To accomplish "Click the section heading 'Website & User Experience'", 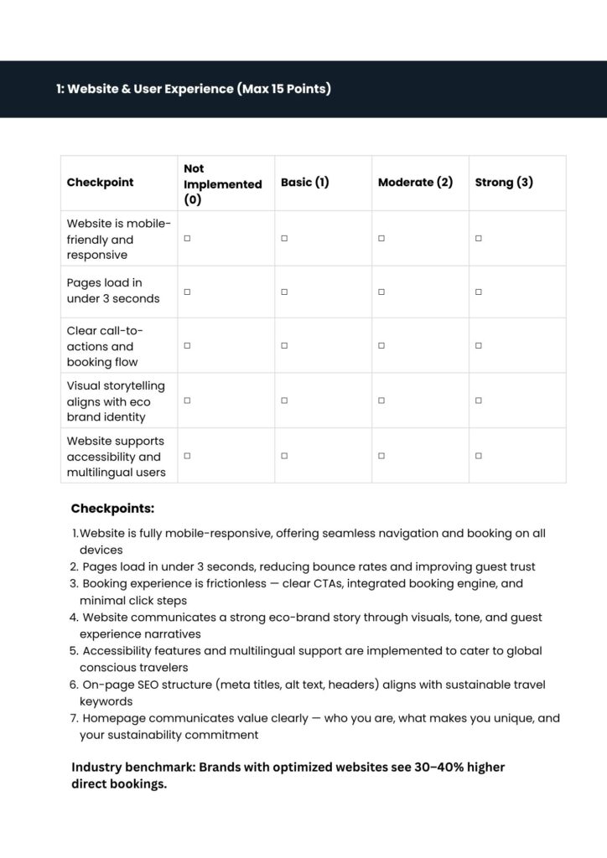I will pyautogui.click(x=194, y=89).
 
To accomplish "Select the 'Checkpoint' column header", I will pyautogui.click(x=100, y=183).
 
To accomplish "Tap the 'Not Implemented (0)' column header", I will pyautogui.click(x=222, y=184).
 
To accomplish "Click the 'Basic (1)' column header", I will pyautogui.click(x=304, y=183).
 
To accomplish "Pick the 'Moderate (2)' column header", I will pyautogui.click(x=415, y=183).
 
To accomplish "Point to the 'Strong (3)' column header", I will pyautogui.click(x=503, y=183).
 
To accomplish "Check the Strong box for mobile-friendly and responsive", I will pyautogui.click(x=479, y=239).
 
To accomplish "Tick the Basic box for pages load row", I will pyautogui.click(x=284, y=292).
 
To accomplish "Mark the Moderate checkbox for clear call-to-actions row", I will pyautogui.click(x=381, y=346).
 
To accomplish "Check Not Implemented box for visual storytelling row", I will pyautogui.click(x=187, y=401).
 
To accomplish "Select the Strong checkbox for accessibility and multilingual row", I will pyautogui.click(x=479, y=456).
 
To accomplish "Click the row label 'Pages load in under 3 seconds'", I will pyautogui.click(x=113, y=291).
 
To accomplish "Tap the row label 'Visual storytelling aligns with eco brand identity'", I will pyautogui.click(x=116, y=401).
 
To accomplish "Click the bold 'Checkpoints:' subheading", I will pyautogui.click(x=112, y=509).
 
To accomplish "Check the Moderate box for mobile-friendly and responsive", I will pyautogui.click(x=381, y=239).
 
